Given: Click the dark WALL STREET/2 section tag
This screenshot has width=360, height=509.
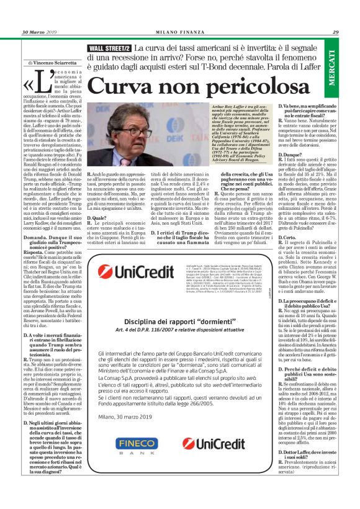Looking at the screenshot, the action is coord(109,48).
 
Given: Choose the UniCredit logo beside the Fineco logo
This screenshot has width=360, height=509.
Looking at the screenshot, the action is coord(215,443).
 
